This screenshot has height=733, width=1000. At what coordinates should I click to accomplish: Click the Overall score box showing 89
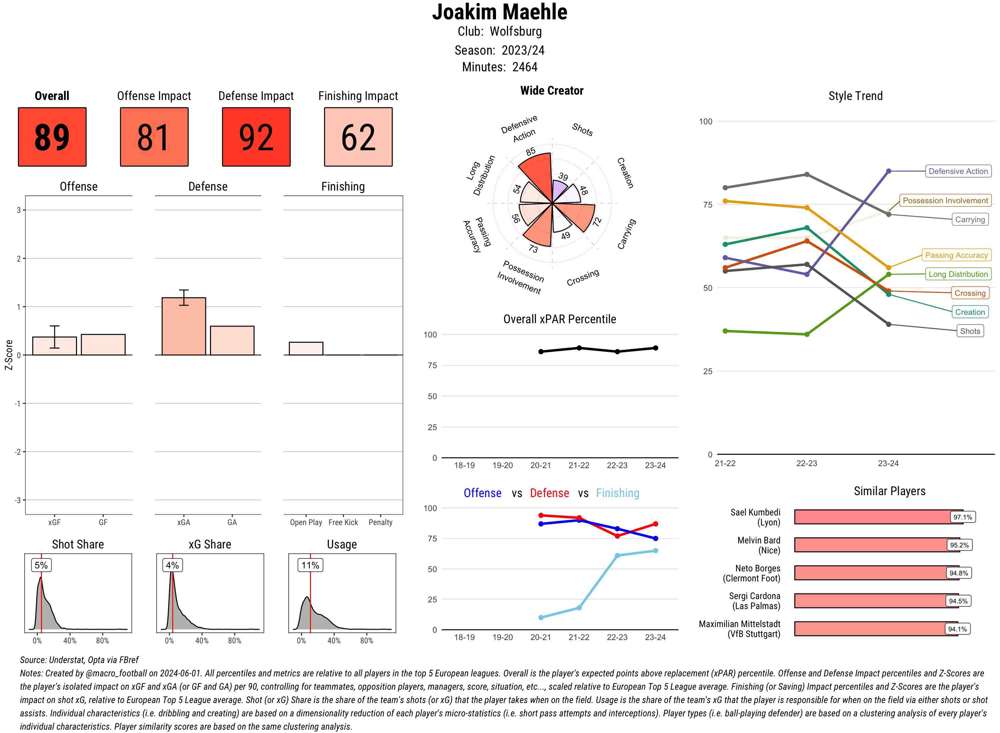coord(52,137)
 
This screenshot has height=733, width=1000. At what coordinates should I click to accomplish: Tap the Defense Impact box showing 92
coord(256,137)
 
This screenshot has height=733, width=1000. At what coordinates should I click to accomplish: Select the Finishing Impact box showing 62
coord(358,137)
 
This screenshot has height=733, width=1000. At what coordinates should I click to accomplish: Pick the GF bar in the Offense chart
coord(103,345)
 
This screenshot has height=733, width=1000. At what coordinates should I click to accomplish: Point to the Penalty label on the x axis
coord(380,522)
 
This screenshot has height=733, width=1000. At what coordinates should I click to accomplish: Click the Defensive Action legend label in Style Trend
coord(958,171)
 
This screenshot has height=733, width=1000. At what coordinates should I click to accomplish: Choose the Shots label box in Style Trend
coord(970,331)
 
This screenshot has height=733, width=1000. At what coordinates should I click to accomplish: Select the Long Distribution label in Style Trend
coord(958,274)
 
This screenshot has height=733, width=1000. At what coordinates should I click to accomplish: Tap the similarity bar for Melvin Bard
coord(870,545)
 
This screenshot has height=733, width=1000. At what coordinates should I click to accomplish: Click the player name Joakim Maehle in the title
coord(500,12)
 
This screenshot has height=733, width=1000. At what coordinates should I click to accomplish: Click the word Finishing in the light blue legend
coord(617,493)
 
